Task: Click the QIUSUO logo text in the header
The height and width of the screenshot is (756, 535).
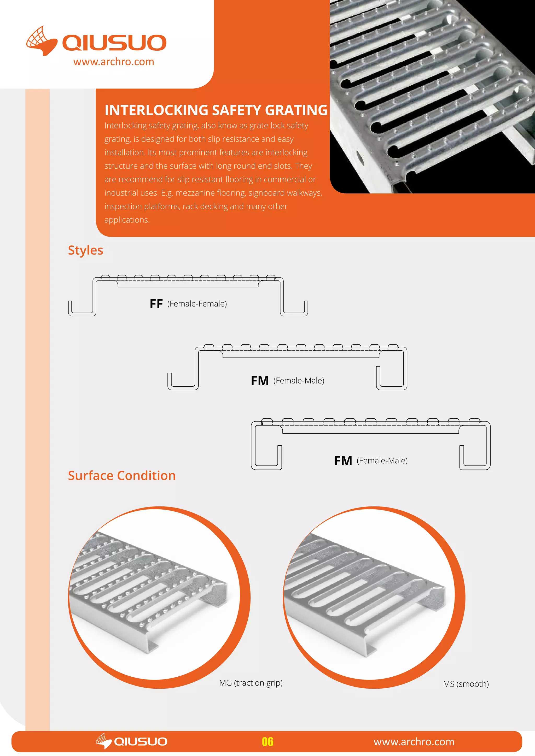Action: (x=114, y=43)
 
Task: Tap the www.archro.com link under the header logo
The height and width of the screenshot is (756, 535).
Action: (x=114, y=62)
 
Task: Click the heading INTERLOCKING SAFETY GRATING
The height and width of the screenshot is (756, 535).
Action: (x=216, y=110)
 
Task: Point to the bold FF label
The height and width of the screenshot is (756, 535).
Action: (x=156, y=304)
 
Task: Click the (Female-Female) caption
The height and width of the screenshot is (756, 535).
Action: (x=197, y=304)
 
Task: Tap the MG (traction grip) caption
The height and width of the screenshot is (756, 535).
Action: (x=251, y=683)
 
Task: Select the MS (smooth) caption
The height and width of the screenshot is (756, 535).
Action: (x=466, y=684)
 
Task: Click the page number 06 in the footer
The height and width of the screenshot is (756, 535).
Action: (x=267, y=742)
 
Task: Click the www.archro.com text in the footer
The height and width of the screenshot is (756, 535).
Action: (x=414, y=742)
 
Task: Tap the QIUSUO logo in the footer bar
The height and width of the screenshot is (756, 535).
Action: (x=132, y=741)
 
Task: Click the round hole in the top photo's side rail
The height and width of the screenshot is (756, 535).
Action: (x=361, y=160)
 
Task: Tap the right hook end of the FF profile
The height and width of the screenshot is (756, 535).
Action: (x=294, y=309)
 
